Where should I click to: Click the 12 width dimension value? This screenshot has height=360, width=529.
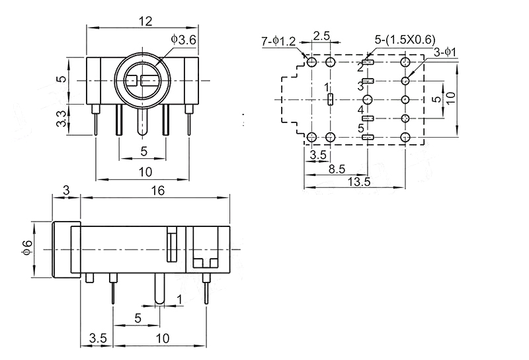pos(145,21)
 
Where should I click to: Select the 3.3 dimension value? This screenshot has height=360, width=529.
pos(60,120)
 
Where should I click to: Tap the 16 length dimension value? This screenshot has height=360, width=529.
pos(157,190)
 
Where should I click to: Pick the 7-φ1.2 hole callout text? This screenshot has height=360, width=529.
pos(278,42)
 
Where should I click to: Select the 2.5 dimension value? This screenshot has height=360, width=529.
pos(322,35)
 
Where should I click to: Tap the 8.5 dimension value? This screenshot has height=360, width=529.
pos(337,169)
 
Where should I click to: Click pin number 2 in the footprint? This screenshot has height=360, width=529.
pos(360,67)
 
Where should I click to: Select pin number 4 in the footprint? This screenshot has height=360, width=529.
pos(360,109)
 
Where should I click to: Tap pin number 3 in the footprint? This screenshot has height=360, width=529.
pos(360,86)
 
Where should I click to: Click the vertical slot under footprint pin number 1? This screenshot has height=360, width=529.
pos(330,100)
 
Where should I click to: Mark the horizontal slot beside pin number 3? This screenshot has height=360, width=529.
pos(370,81)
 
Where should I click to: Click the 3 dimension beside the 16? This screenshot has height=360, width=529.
pos(65,190)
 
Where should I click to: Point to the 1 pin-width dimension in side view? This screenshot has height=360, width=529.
pos(180,300)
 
